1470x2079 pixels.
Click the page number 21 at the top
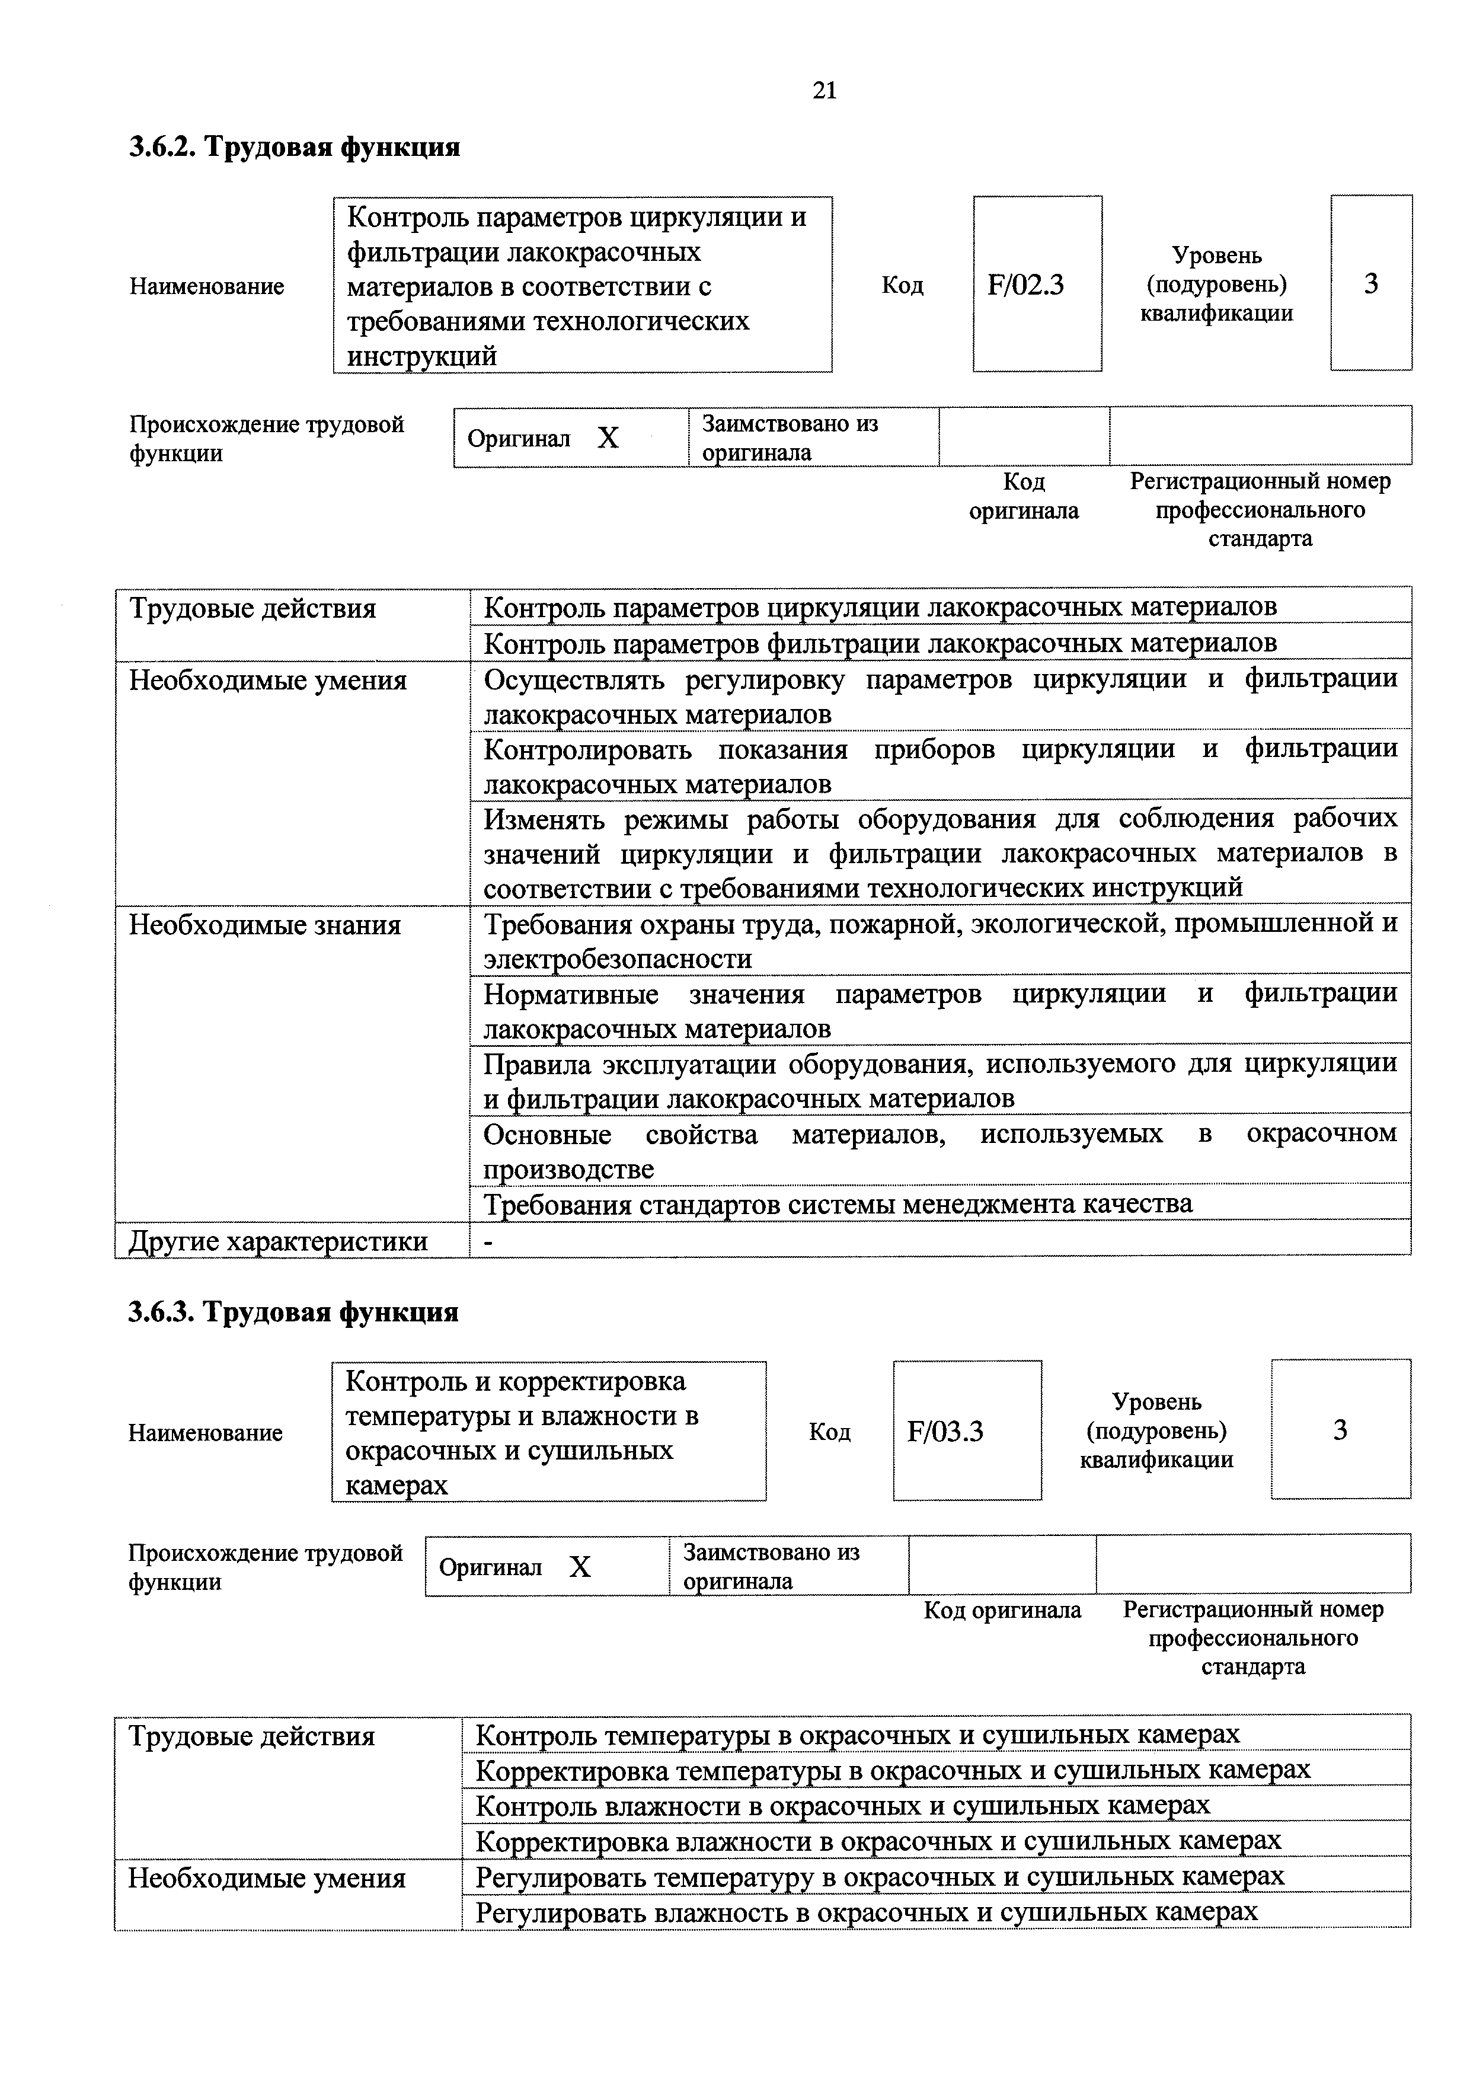coord(825,91)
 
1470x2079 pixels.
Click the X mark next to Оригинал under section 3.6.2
coord(608,438)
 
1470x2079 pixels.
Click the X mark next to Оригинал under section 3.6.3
coord(580,1566)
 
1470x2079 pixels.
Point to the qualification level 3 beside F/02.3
coord(1370,285)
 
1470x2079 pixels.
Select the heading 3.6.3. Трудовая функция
coord(293,1311)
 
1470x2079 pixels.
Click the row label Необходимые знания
coord(264,925)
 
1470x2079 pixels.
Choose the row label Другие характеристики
coord(278,1241)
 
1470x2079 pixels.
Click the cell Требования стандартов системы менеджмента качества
coord(838,1203)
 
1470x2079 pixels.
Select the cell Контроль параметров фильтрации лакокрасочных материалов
coord(880,643)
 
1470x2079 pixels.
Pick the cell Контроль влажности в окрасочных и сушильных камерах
coord(842,1805)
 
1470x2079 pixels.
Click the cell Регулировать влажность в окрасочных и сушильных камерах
coord(866,1911)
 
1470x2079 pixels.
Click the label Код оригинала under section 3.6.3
coord(1002,1610)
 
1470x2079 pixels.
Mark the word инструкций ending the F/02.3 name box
coord(422,356)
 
